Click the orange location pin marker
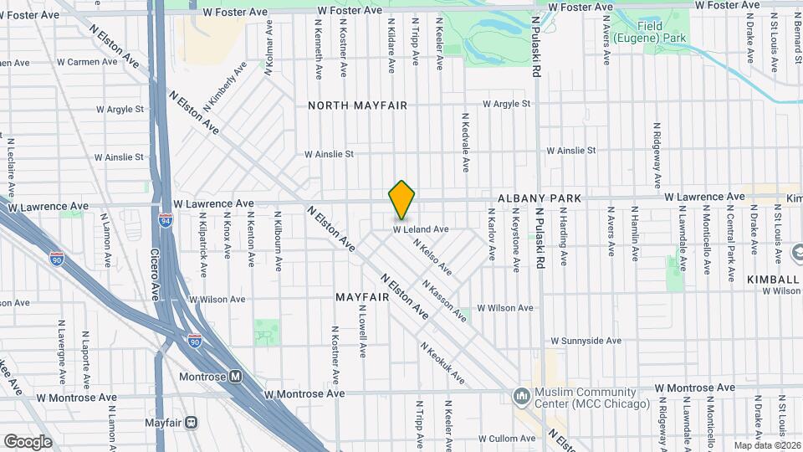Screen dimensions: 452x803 (402, 200)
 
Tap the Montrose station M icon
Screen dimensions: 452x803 (236, 377)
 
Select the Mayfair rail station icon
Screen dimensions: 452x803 (192, 423)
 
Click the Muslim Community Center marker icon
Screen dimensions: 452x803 (522, 393)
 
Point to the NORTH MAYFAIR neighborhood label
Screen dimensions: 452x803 (357, 105)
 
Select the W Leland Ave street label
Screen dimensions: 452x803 (422, 229)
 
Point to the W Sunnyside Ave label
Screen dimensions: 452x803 (586, 342)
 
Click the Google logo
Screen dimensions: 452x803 (28, 441)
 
